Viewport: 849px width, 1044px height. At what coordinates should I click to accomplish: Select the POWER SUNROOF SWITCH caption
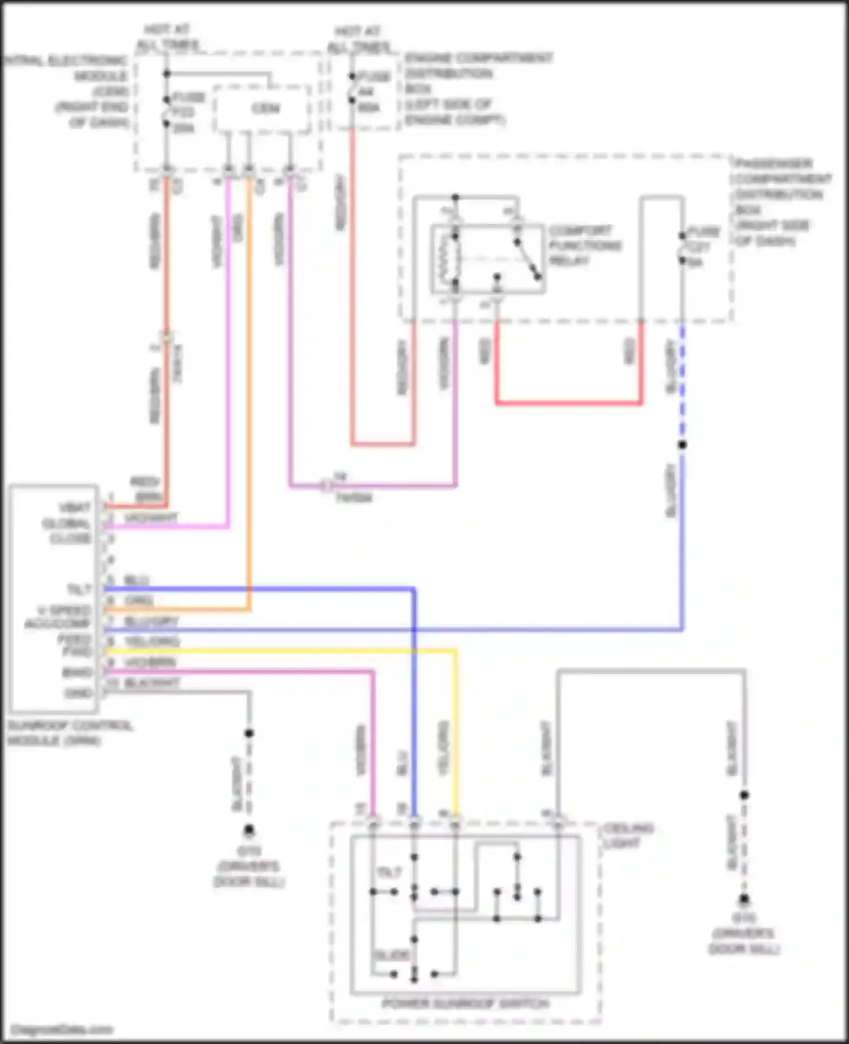click(x=466, y=1003)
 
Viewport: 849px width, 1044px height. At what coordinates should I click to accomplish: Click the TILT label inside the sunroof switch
click(x=389, y=873)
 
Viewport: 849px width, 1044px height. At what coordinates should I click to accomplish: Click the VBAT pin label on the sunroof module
click(x=75, y=507)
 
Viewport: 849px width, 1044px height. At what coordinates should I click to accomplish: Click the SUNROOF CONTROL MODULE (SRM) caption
click(x=69, y=732)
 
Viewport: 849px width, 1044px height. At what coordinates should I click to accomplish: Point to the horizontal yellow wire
click(x=283, y=651)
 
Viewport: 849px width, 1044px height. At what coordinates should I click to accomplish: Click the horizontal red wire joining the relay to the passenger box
click(x=569, y=403)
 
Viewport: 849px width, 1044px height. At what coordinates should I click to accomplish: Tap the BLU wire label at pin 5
click(x=136, y=580)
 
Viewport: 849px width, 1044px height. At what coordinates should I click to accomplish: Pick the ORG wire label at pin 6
click(x=138, y=601)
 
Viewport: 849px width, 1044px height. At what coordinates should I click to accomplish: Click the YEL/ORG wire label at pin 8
click(x=151, y=641)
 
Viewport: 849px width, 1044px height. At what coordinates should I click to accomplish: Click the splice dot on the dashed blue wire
click(x=682, y=445)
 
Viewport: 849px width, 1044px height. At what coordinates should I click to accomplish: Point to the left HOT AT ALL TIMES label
click(x=168, y=37)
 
